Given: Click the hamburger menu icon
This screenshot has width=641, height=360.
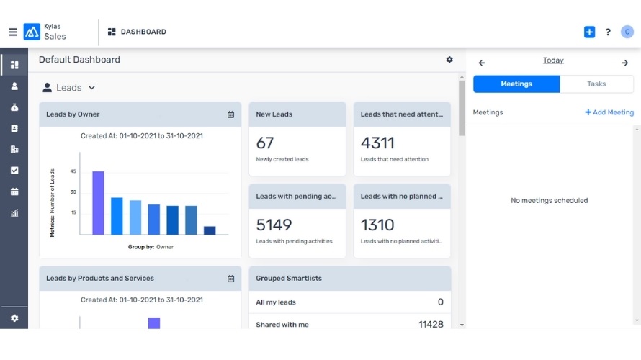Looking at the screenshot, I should point(13,32).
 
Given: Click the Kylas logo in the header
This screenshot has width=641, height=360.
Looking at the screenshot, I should point(32,32).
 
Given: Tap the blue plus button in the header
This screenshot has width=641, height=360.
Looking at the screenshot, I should point(589,32).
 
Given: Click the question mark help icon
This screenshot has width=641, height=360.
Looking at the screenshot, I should point(608,32).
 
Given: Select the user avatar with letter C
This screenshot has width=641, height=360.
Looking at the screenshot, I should point(627,32).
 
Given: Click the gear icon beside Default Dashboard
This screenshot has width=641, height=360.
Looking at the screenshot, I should point(449,60).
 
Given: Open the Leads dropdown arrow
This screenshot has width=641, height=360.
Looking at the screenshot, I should point(91,88).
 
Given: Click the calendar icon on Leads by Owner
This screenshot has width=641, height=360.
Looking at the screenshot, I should point(230,114).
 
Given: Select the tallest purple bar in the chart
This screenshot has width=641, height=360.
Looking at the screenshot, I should point(98,202).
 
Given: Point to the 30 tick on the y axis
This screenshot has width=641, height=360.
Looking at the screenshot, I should point(73,192).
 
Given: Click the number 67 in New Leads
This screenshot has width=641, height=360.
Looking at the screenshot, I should point(265,143).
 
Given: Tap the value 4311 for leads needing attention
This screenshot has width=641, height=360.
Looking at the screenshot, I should point(377,143).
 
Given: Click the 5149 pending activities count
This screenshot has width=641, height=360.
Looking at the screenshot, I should point(274,225).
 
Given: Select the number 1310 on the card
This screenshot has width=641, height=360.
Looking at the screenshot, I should point(377,225).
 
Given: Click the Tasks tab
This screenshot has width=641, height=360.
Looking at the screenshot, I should point(596,84).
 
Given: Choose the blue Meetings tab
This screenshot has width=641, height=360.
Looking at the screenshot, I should point(516,84).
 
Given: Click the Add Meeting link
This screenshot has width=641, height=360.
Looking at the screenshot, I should point(609,112).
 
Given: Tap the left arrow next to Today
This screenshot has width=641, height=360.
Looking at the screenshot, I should point(482,63).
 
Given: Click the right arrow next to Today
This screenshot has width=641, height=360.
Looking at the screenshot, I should point(625,63).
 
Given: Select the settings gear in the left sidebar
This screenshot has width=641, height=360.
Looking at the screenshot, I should point(14,318).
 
